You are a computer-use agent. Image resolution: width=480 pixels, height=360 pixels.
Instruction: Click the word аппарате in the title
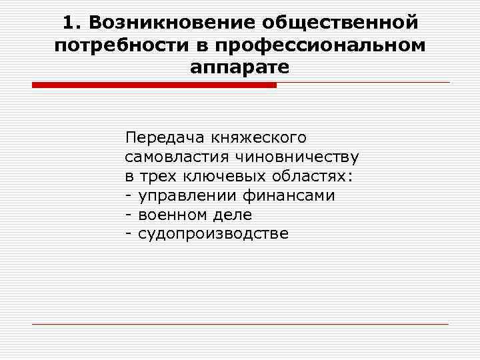239,67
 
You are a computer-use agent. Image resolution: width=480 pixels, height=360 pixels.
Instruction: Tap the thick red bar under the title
154,85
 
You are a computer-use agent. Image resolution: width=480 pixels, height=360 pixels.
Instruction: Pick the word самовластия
175,157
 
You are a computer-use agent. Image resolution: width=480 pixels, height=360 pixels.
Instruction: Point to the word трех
154,177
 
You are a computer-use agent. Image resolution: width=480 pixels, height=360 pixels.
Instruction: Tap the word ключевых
220,177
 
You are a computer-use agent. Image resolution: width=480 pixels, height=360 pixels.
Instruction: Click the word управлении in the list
182,196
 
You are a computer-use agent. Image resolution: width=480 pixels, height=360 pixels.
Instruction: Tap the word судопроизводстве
213,234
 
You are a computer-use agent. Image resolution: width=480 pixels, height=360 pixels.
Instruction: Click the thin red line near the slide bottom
240,324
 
